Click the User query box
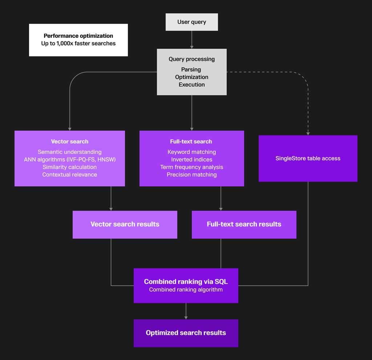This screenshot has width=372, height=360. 192,22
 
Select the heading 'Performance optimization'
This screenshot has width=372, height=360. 78,36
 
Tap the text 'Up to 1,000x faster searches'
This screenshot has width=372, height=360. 78,44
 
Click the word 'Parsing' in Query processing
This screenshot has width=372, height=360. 191,69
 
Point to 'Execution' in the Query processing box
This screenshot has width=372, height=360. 192,85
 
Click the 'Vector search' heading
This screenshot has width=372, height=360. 70,142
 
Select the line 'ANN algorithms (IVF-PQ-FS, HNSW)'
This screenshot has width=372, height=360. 70,160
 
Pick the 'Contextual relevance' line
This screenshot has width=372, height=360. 70,175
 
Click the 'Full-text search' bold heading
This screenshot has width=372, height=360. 191,142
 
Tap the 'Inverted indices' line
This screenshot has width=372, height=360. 192,160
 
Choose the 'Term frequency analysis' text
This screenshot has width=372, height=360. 192,167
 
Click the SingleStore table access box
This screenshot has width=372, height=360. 308,159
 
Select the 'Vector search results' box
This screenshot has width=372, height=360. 125,225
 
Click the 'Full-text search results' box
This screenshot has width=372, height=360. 244,225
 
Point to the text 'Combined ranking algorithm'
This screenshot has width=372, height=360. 186,290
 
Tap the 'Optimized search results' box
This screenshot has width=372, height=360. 186,333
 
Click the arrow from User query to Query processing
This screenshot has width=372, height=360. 192,40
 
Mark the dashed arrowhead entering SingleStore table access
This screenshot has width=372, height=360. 308,134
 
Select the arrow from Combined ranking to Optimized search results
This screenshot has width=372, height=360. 186,311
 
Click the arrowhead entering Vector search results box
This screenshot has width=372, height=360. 111,209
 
